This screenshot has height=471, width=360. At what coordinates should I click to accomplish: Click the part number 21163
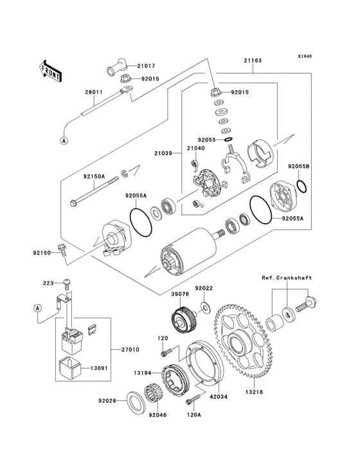(x=252, y=60)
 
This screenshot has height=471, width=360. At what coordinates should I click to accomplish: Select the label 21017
(x=146, y=66)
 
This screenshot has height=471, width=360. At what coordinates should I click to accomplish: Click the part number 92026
(x=107, y=400)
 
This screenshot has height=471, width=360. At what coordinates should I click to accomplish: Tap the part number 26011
(x=92, y=92)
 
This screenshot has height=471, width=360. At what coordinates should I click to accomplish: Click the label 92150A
(x=94, y=174)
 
